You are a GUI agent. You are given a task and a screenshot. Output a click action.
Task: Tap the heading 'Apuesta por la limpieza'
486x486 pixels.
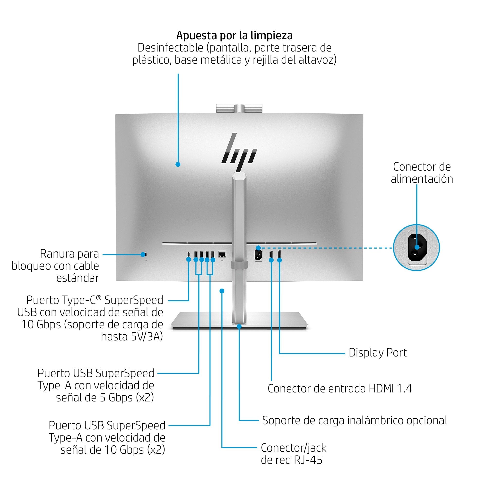point(234,35)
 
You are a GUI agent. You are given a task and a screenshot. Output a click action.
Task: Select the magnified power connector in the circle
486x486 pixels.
point(417,248)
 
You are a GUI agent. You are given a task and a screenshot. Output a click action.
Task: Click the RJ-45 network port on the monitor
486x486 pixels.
point(222,254)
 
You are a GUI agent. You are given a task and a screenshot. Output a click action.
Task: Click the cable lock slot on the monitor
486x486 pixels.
point(144,254)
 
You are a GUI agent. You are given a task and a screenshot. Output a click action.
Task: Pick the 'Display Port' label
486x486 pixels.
point(377,353)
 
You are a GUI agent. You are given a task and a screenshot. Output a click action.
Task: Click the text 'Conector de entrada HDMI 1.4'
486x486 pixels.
point(340,389)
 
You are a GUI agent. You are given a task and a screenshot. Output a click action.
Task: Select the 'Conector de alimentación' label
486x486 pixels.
point(422,173)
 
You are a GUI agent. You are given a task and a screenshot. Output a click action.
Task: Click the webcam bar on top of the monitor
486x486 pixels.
point(239,108)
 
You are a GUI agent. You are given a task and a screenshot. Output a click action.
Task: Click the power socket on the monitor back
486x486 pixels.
point(258,255)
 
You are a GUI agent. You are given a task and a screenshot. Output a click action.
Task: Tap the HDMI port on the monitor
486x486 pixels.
point(271,254)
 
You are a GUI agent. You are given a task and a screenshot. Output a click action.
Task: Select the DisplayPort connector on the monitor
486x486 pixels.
point(279,254)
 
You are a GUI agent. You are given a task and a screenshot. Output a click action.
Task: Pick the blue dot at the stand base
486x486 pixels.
point(239,326)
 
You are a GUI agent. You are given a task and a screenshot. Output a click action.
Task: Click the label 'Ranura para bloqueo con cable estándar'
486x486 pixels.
point(55,266)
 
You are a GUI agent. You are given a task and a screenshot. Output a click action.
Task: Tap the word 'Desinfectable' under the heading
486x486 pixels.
point(170,48)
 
